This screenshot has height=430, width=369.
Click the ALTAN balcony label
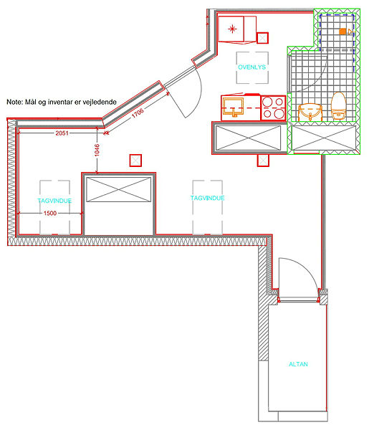click(x=298, y=364)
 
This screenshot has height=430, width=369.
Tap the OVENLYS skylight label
click(x=251, y=67)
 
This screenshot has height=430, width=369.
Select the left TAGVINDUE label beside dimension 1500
click(x=54, y=201)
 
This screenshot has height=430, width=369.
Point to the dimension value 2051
click(x=62, y=133)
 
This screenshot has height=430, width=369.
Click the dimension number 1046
click(x=97, y=150)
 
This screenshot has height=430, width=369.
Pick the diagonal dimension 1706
click(x=138, y=113)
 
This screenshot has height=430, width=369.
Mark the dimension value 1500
click(x=50, y=213)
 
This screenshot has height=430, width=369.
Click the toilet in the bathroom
click(x=339, y=106)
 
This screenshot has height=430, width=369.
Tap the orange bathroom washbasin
click(x=310, y=113)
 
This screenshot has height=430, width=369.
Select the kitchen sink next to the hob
click(x=233, y=107)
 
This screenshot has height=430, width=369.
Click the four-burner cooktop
click(x=273, y=107)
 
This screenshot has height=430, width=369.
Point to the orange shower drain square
click(x=342, y=32)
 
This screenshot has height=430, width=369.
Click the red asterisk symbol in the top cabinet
click(x=232, y=29)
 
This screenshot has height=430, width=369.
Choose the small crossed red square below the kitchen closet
click(x=263, y=160)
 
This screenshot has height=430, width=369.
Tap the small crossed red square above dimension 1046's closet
click(x=135, y=161)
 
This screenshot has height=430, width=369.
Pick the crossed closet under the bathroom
click(x=323, y=138)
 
